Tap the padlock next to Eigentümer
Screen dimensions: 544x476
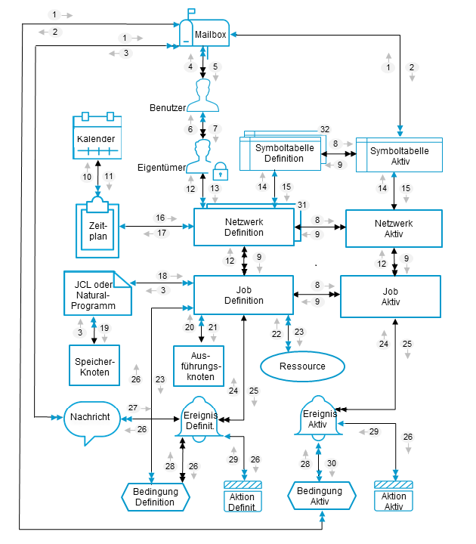[221, 171]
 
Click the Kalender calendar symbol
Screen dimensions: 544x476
[97, 137]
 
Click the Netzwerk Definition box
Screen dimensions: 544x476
[244, 227]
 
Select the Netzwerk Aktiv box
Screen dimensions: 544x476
[393, 227]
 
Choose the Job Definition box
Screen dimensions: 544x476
[244, 295]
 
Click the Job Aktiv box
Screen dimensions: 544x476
[391, 295]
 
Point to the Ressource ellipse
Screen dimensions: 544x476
[301, 366]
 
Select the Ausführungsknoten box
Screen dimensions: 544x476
[200, 366]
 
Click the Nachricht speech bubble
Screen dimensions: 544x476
[91, 419]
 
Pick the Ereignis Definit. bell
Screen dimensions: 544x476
[200, 420]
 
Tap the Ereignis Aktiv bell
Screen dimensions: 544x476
[317, 420]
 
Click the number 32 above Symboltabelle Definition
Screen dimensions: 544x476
[325, 129]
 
